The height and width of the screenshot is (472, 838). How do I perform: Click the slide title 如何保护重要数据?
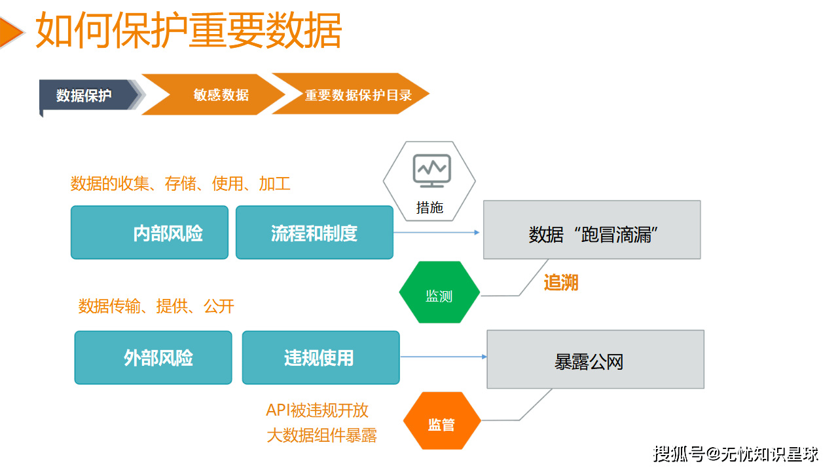tap(189, 31)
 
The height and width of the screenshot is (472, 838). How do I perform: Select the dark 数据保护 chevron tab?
tap(85, 96)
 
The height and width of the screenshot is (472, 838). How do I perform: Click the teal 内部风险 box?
tap(149, 233)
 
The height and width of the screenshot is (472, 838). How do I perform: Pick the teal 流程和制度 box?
tap(314, 233)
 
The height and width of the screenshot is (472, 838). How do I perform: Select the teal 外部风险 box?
tap(153, 358)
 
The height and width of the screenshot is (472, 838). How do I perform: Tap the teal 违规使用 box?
tap(321, 358)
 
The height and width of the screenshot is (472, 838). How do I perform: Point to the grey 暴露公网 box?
tap(595, 360)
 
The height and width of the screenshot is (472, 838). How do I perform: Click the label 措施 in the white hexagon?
tap(429, 208)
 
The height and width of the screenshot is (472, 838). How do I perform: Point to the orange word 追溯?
tap(561, 283)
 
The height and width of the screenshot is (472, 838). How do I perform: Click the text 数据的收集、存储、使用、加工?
tap(181, 184)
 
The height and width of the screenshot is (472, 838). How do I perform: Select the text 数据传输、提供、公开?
tap(156, 306)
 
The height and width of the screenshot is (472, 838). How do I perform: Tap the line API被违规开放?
tap(317, 410)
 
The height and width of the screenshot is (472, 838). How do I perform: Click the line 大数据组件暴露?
tap(321, 435)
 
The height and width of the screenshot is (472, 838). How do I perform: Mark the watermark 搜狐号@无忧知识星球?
tap(735, 453)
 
